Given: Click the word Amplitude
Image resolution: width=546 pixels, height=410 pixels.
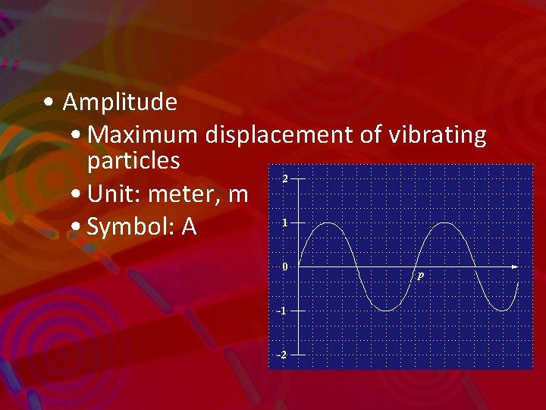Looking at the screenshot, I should (x=120, y=102).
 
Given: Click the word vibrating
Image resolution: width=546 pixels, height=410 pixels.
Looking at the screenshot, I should (x=437, y=135).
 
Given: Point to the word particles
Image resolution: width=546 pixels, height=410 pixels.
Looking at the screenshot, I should (x=133, y=161).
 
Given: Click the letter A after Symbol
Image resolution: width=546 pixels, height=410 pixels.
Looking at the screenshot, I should (x=189, y=227).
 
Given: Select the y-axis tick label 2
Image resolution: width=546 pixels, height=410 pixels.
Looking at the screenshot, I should (x=284, y=179).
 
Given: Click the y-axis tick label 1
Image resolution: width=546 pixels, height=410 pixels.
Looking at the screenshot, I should (x=284, y=223).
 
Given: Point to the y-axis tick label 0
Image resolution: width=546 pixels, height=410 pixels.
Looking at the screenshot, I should (x=284, y=267).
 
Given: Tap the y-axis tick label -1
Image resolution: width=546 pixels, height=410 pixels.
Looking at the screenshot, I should (x=282, y=311).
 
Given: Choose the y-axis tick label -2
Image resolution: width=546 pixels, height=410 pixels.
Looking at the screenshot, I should (x=282, y=355).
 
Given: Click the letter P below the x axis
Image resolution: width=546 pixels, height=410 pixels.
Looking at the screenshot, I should (x=420, y=277).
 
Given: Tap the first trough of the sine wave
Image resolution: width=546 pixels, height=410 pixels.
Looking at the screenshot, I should (x=387, y=311).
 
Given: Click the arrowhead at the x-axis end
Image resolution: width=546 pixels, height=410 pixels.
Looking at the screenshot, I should (x=515, y=267).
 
